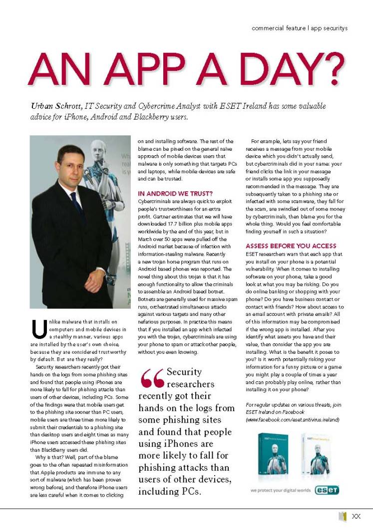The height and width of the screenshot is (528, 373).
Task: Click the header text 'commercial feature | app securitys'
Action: point(299,28)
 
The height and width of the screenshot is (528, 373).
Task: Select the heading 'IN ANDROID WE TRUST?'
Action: point(175,193)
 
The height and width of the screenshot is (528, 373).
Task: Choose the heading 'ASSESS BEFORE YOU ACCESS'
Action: point(291,246)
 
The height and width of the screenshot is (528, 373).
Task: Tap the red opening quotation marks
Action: point(152,379)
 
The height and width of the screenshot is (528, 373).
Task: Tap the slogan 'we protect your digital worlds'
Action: point(281,491)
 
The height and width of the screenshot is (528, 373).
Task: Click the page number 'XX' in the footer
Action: point(357,517)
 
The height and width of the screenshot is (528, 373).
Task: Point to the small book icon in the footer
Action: point(343,517)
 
